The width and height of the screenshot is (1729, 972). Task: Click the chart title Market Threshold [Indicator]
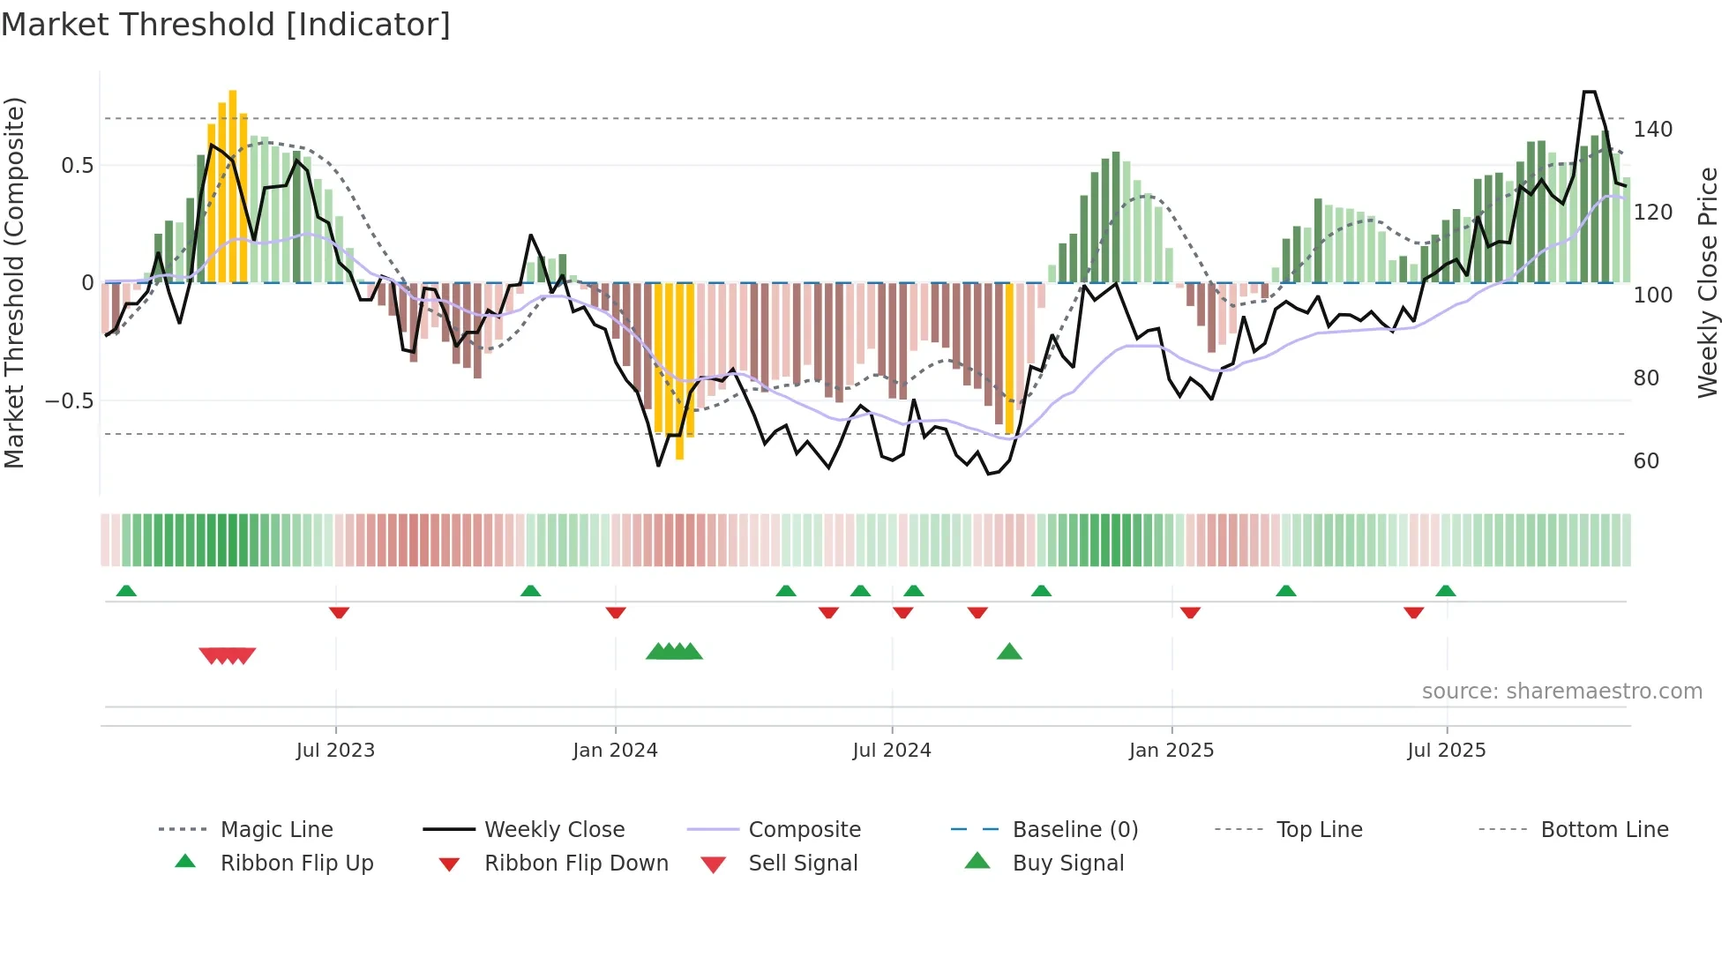click(x=226, y=25)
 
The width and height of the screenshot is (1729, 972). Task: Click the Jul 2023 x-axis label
click(x=335, y=751)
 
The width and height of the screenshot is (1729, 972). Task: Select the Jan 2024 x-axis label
click(x=615, y=751)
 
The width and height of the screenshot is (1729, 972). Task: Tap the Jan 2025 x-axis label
click(x=1171, y=751)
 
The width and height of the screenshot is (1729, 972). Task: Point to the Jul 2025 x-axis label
click(x=1447, y=751)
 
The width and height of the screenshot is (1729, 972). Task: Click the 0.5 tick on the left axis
click(x=78, y=166)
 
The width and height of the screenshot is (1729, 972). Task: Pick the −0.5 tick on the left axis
click(x=70, y=401)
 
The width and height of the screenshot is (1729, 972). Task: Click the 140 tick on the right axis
click(x=1652, y=130)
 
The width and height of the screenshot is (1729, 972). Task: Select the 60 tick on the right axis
click(x=1646, y=461)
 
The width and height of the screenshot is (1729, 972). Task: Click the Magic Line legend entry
click(x=276, y=830)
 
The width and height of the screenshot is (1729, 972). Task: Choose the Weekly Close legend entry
click(x=554, y=830)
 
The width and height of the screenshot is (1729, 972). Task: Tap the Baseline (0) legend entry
click(x=1074, y=830)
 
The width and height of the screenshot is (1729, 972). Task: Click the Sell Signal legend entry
click(x=803, y=864)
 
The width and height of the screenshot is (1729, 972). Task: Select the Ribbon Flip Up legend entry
click(x=296, y=864)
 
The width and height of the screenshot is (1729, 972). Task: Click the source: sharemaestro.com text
click(x=1561, y=692)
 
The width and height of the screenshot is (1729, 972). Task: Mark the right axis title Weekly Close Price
click(x=1708, y=282)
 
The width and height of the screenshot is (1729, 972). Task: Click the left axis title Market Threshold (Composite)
click(x=14, y=282)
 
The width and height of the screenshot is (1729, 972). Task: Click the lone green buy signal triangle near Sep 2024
click(x=1009, y=652)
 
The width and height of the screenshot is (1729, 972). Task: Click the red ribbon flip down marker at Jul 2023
click(x=339, y=612)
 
